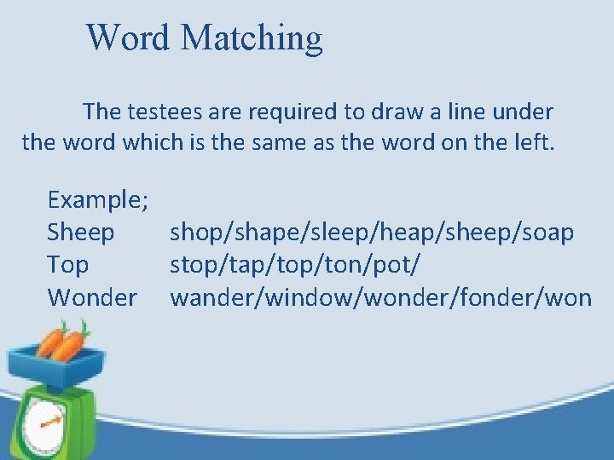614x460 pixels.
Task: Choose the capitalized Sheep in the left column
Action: [x=81, y=233]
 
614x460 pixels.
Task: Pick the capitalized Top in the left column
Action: [x=68, y=265]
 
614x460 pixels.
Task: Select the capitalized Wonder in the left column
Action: [x=92, y=297]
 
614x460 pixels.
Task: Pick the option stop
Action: [x=195, y=265]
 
